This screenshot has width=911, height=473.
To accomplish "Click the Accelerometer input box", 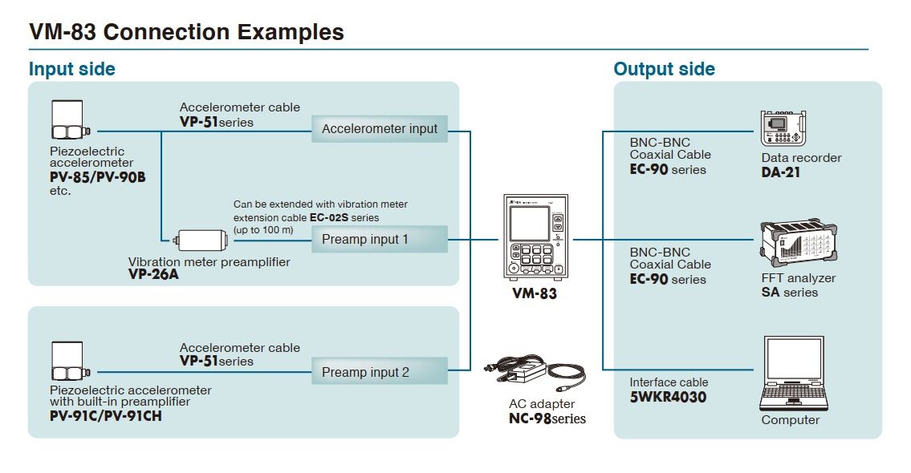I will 380,128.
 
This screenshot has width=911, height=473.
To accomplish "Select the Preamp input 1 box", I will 380,239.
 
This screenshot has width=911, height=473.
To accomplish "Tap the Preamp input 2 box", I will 380,372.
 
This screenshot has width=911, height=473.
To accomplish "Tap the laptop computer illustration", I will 793,373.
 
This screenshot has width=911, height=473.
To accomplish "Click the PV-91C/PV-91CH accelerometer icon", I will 67,362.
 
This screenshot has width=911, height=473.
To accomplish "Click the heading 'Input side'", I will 72,69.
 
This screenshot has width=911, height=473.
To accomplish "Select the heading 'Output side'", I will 664,69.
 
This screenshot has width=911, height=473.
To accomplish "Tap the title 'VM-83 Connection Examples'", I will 186,32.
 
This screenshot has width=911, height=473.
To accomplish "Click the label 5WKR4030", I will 668,397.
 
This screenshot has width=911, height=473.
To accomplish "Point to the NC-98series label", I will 547,418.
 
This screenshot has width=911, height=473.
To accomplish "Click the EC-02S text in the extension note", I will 327,217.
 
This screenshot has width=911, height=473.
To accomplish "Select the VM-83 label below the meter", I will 535,293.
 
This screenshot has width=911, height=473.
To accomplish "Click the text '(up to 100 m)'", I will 263,230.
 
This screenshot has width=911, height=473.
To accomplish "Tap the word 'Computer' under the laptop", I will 791,420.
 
